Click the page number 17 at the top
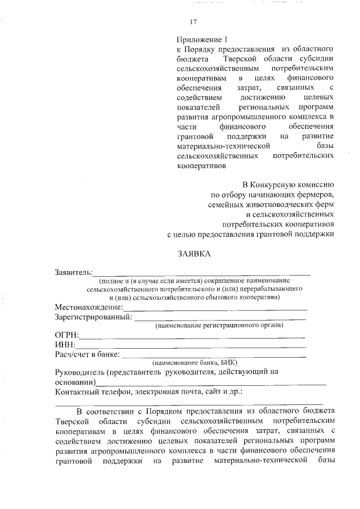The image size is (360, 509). pos(193,22)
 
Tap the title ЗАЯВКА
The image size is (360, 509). pos(193,254)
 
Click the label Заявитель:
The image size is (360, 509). pos(74,272)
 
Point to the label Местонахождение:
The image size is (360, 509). pos(88,307)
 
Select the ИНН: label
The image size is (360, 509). pos(65,344)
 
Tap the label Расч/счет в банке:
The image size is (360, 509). pos(87,354)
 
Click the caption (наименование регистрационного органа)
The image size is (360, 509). pos(211,325)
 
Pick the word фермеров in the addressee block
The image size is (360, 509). pos(316,194)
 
